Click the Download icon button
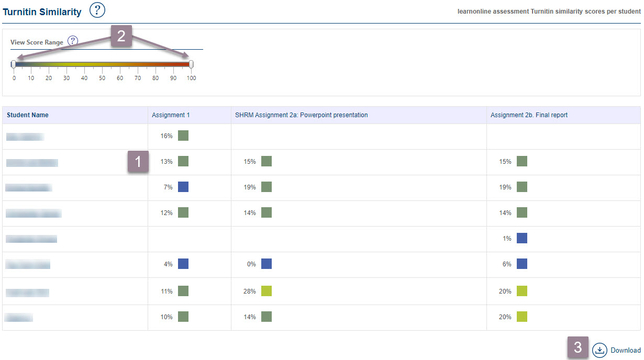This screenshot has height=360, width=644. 599,350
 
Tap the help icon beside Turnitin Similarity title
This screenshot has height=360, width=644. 97,10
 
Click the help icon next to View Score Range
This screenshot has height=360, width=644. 73,41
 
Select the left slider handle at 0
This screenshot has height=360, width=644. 13,64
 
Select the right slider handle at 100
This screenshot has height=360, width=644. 191,64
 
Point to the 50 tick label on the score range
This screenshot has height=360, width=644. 102,78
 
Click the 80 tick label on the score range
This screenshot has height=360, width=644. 156,78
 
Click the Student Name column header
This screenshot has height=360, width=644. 27,115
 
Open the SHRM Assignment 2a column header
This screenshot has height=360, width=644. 301,115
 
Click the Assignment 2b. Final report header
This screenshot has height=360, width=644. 529,115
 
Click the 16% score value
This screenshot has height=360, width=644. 166,136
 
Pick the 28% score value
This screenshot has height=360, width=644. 250,291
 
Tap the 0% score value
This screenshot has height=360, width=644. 251,265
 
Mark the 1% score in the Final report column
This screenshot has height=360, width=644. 507,239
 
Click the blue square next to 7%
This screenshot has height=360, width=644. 183,187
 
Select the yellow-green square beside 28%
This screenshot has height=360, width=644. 267,291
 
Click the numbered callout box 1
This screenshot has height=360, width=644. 138,162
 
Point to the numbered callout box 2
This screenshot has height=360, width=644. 121,36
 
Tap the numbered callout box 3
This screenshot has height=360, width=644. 578,347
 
